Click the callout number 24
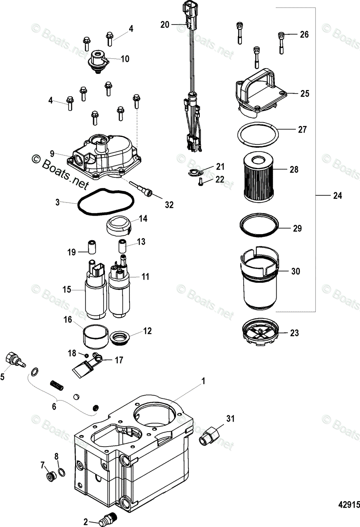tap(337, 196)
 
